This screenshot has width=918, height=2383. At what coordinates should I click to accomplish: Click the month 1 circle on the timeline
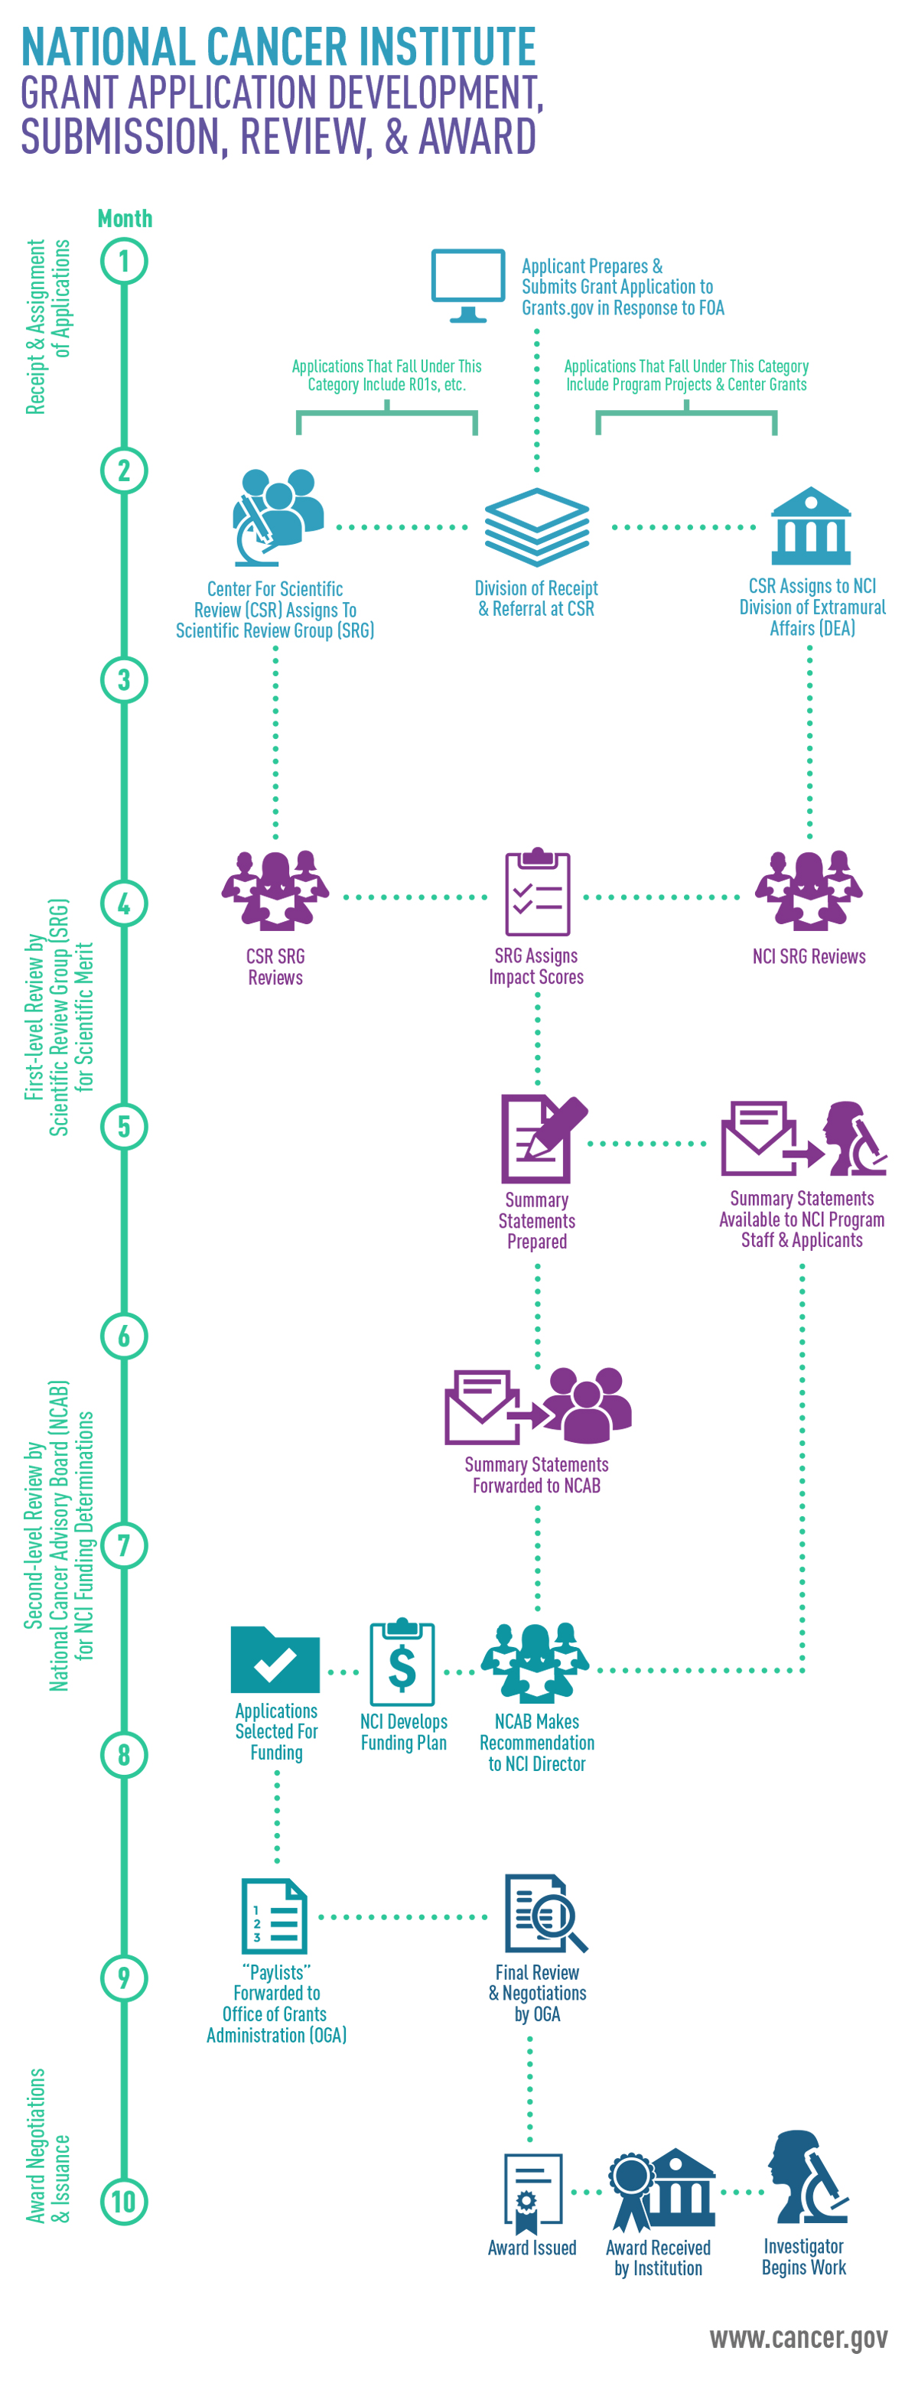pos(124,262)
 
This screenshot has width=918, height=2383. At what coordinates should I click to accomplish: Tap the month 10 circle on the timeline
pos(124,2201)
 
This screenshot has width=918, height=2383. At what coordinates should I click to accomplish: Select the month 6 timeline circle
pos(124,1336)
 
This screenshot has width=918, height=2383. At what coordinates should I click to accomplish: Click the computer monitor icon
pos(468,284)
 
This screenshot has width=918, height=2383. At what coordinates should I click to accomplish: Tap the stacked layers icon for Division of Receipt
pos(537,526)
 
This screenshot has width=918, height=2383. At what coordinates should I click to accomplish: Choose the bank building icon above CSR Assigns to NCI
pos(811,526)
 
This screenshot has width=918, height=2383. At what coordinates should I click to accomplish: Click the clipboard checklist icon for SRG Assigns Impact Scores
pos(537,893)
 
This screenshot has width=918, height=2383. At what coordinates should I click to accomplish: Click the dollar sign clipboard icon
pos(402,1662)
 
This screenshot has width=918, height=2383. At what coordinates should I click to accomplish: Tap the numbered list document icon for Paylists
pos(274,1916)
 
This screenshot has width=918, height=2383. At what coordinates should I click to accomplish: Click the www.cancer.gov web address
pos(798,2338)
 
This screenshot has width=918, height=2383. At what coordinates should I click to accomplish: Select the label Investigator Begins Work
pos(803,2256)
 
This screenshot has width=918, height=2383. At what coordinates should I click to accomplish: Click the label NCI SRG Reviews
pos(809,956)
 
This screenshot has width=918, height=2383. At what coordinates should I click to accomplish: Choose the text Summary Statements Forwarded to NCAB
pos(537,1475)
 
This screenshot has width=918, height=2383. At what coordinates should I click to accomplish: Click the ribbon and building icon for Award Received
pos(661,2189)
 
